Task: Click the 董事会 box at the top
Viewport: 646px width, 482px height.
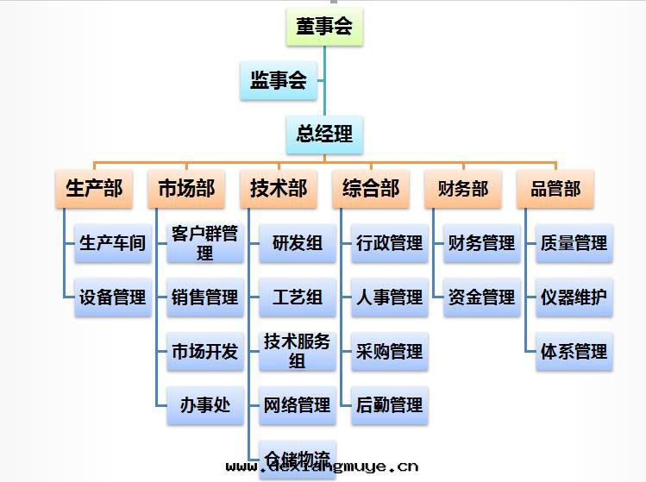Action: [324, 27]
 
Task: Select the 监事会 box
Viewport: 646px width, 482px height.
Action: [279, 81]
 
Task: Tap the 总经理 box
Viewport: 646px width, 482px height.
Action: [324, 135]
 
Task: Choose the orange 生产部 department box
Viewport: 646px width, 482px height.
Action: [94, 188]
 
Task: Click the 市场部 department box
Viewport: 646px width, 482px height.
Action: [186, 188]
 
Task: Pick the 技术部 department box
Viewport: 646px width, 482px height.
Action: [279, 188]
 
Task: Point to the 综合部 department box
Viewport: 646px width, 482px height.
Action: [371, 188]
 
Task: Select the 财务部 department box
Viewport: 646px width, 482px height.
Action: [463, 188]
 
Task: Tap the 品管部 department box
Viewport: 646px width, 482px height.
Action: [555, 188]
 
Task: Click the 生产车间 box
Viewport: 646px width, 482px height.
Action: [113, 243]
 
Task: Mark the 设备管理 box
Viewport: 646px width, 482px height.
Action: [113, 297]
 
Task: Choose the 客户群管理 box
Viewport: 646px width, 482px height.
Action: [204, 243]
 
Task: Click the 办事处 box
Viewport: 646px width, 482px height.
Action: [204, 404]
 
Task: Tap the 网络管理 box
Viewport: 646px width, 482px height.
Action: [297, 404]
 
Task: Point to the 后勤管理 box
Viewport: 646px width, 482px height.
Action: [389, 404]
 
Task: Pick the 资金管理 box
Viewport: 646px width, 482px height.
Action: [481, 297]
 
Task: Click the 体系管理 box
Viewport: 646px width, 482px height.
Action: [574, 351]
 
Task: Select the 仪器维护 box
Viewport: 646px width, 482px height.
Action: [574, 297]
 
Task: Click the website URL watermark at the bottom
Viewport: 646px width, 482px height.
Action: [322, 467]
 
